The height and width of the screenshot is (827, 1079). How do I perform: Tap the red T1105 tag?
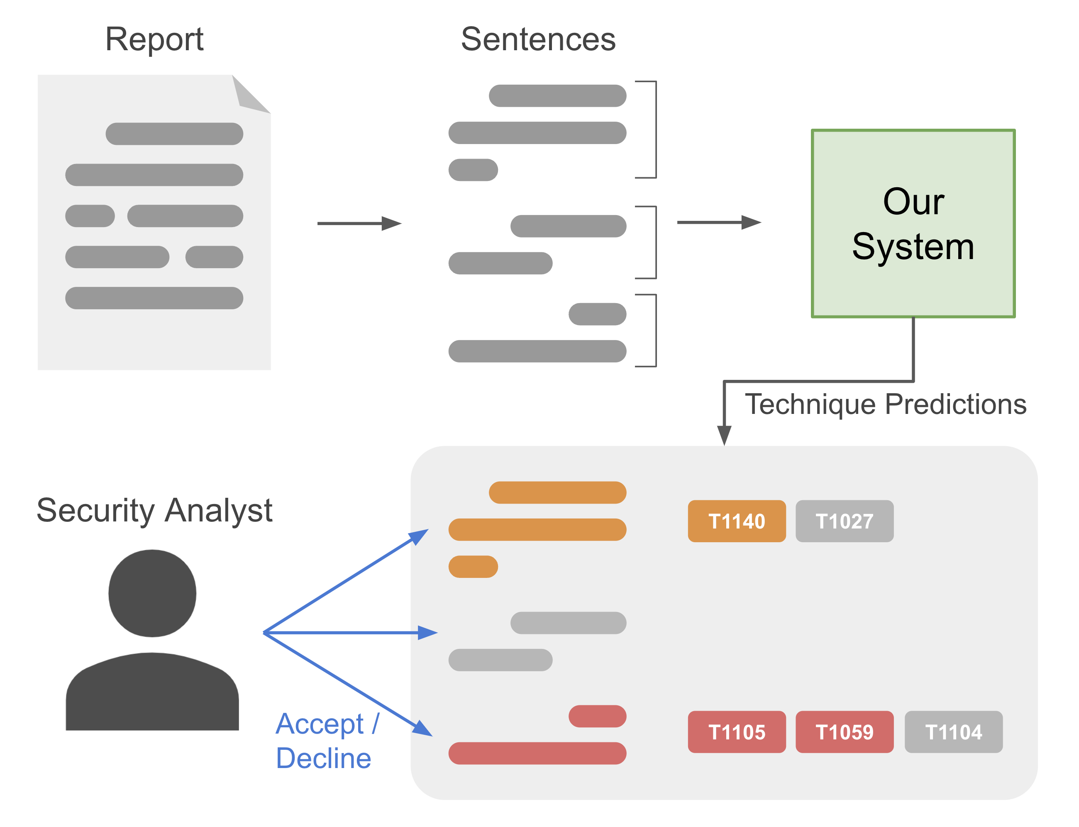point(736,732)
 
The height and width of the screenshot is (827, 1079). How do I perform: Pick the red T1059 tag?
point(844,732)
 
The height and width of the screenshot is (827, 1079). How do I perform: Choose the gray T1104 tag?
point(953,732)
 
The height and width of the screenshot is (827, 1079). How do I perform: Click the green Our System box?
point(913,223)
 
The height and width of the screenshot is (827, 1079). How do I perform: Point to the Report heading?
point(154,39)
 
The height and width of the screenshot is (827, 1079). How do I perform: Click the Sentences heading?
point(538,39)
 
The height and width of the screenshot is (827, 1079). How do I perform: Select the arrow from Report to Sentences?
point(359,223)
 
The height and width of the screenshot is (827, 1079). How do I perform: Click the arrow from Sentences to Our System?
point(718,223)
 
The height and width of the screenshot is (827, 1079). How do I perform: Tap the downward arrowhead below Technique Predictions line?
point(724,435)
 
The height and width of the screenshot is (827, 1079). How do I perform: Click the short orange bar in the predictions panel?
point(473,567)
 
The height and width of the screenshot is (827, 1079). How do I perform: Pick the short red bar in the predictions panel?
point(597,716)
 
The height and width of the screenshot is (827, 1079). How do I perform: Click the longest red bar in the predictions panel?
point(537,753)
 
